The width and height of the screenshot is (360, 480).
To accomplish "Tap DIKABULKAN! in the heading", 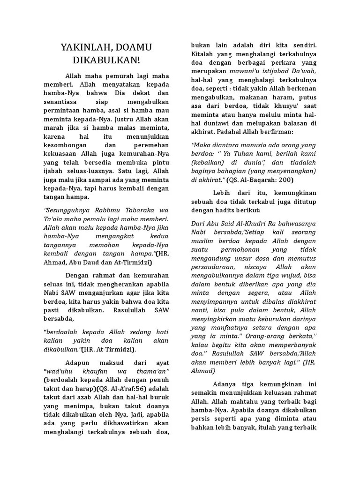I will (106, 61).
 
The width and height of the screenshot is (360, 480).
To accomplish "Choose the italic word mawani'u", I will (247, 72).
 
